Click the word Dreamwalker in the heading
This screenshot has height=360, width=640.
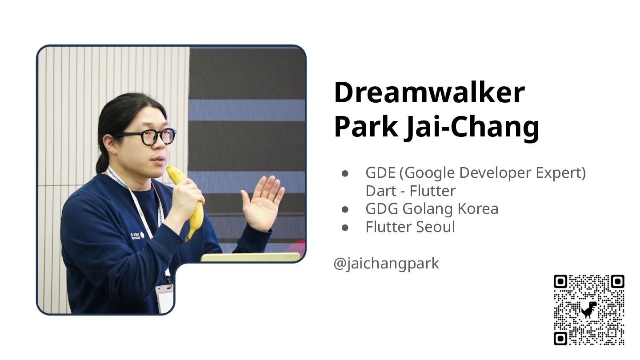tap(429, 92)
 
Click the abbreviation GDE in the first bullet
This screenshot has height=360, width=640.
tap(380, 172)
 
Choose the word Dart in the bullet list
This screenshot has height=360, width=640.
tap(380, 191)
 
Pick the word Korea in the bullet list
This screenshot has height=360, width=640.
tap(478, 208)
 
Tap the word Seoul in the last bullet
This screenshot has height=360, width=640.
tap(436, 227)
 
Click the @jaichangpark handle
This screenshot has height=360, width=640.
tap(386, 264)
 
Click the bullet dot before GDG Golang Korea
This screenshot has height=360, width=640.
tap(345, 209)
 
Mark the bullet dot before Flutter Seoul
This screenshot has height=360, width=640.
tap(345, 228)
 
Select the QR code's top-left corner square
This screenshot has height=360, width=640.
tap(560, 282)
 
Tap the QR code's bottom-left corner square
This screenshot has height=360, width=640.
tap(560, 339)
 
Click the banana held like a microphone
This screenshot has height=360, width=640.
tap(188, 201)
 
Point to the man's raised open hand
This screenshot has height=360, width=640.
tap(262, 202)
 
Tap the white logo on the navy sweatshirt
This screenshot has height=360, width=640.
tap(137, 236)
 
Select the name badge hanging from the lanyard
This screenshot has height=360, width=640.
tap(165, 298)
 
